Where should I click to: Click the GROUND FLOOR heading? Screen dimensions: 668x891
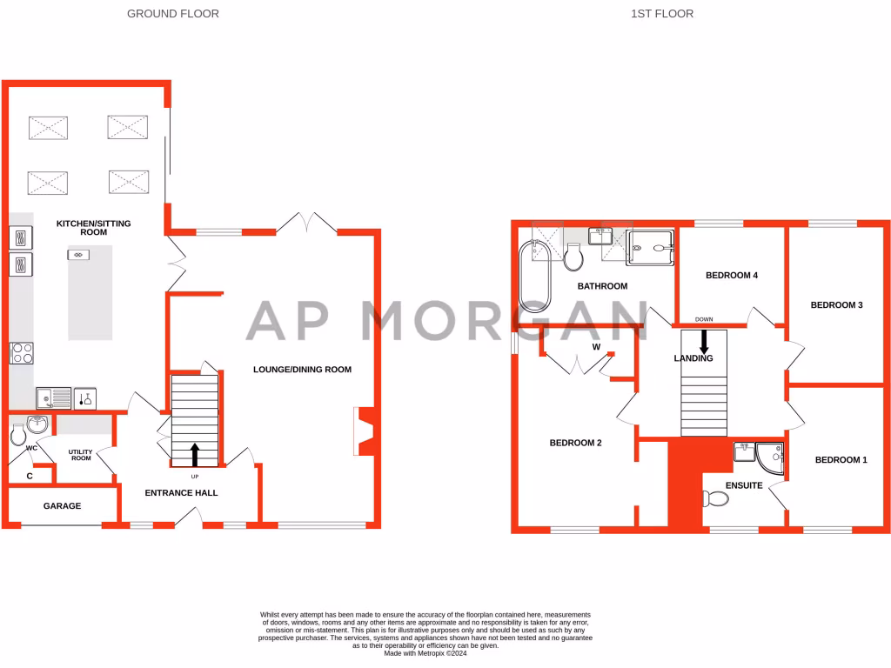173,14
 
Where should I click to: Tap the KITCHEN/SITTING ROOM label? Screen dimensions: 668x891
93,228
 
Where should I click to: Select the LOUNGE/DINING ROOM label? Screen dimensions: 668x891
302,370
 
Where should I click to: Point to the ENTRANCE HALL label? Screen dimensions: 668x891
181,493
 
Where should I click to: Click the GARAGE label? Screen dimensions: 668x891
62,506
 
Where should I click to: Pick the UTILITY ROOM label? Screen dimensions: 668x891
80,454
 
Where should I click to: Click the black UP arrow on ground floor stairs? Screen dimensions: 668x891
195,454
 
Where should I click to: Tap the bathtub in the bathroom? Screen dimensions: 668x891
534,277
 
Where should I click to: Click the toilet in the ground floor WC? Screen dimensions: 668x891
18,432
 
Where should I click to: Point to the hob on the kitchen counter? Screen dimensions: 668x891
21,353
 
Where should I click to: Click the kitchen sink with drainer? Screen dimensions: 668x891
54,398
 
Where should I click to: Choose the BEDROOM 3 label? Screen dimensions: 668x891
836,305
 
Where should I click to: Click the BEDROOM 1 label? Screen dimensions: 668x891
841,460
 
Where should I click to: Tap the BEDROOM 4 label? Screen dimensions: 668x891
732,276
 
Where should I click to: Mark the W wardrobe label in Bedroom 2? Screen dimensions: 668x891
596,347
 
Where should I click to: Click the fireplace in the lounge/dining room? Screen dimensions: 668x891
365,431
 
